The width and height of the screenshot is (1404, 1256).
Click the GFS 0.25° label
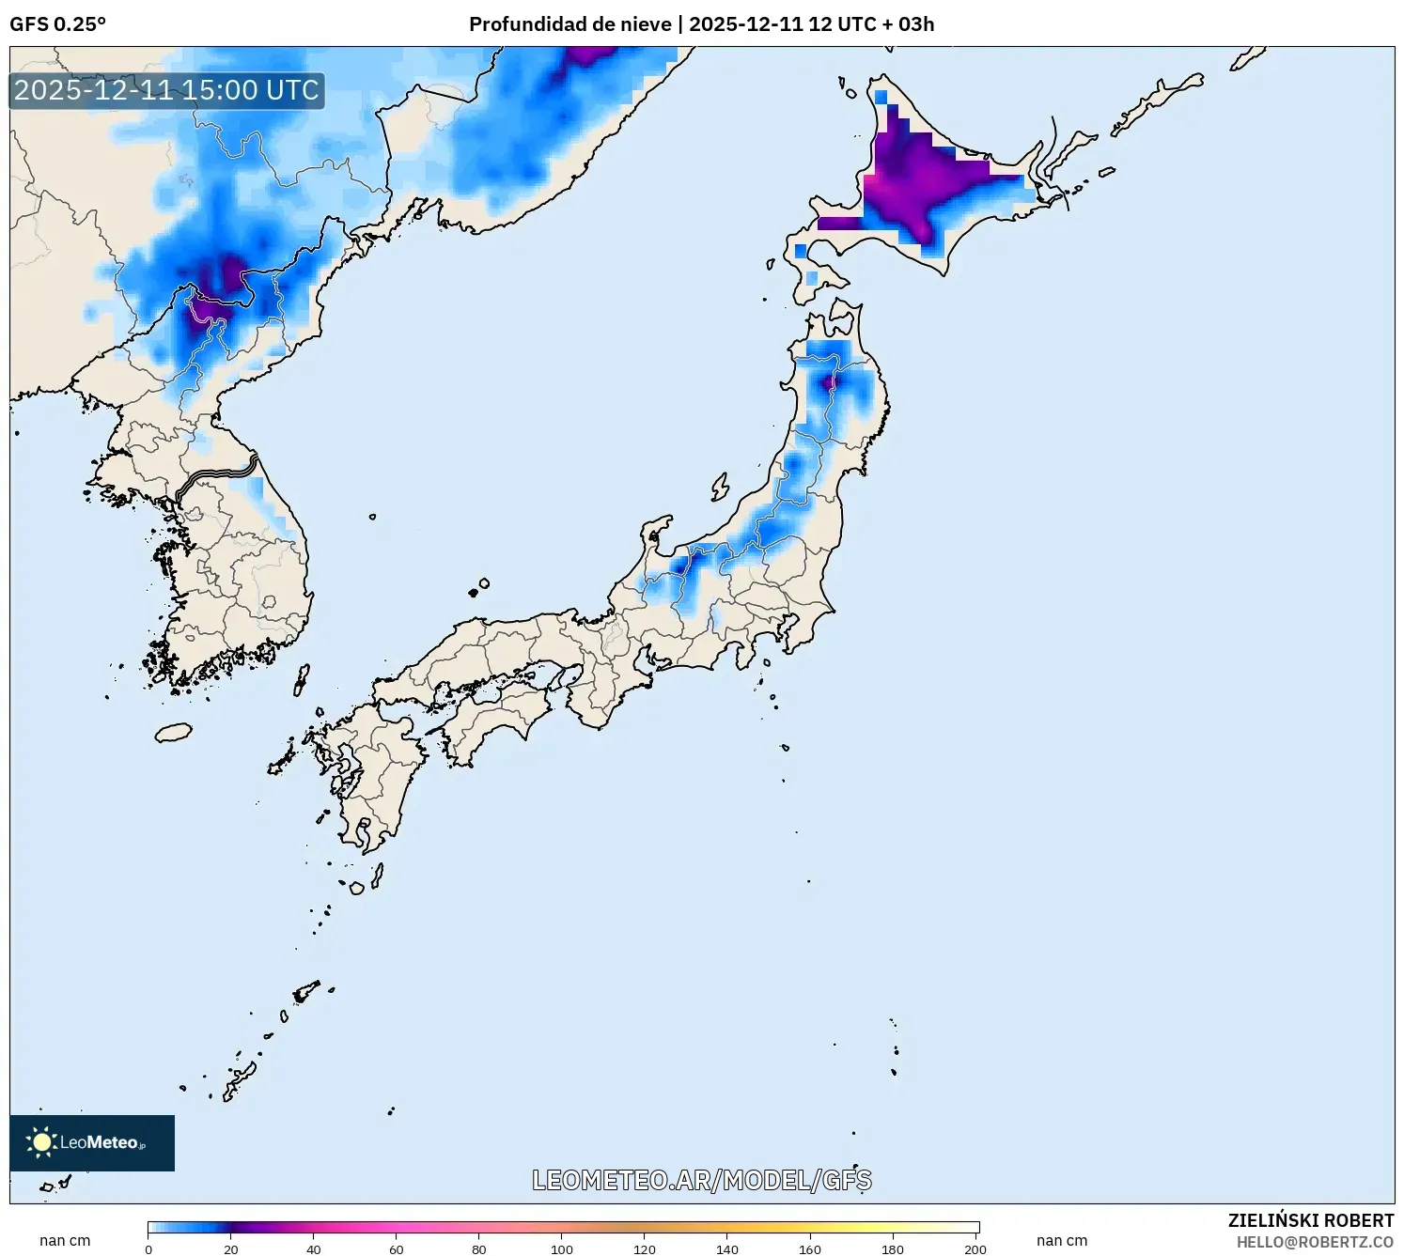point(57,24)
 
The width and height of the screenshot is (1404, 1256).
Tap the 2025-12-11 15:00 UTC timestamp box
point(166,90)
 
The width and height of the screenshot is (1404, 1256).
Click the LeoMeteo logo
point(92,1142)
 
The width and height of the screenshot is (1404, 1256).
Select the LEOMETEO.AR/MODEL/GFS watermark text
point(701,1180)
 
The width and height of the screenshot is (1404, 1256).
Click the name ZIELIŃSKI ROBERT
point(1310,1220)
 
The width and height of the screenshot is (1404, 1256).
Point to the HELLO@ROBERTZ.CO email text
point(1314,1242)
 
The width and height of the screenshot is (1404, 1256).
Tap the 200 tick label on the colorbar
point(975,1249)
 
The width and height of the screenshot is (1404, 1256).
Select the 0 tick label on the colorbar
point(148,1249)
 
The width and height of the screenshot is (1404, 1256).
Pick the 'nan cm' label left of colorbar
point(65,1241)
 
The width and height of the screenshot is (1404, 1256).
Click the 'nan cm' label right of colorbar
point(1062,1241)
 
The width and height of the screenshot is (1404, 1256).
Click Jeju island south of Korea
point(173,732)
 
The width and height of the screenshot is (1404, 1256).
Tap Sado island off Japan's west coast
point(720,487)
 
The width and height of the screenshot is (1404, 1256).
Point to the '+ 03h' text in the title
point(908,24)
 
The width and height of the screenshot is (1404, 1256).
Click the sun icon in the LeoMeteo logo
point(41,1142)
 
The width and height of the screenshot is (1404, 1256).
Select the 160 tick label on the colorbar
point(810,1249)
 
